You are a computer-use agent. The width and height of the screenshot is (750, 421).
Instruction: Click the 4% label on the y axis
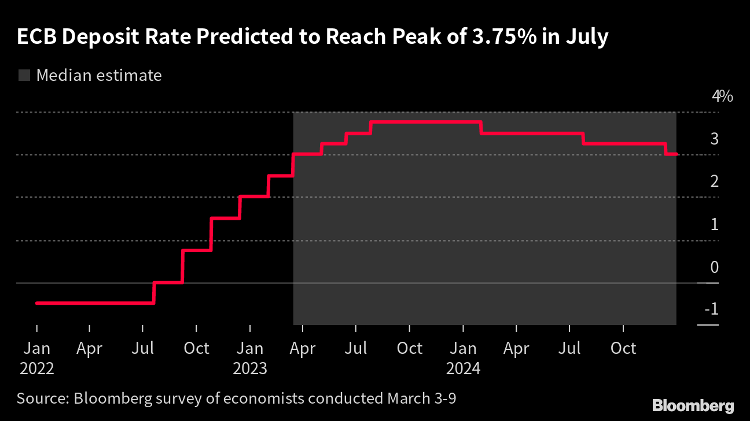722,96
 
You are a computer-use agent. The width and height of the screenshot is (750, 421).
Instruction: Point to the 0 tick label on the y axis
714,267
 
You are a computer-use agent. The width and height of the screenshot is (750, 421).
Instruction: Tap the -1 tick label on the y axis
711,310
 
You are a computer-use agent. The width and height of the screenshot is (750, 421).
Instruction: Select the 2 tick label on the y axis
714,182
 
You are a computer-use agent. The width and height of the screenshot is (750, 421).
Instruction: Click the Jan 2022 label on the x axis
36,358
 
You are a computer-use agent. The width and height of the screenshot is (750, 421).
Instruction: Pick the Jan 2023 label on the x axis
249,358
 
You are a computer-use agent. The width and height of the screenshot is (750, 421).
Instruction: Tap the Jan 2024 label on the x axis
463,358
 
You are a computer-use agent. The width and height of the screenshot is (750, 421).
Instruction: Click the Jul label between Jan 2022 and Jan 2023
143,349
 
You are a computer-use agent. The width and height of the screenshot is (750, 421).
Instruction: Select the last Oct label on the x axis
623,349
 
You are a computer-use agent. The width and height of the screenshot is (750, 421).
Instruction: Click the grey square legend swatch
24,75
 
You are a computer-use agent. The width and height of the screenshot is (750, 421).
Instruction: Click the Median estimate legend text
99,75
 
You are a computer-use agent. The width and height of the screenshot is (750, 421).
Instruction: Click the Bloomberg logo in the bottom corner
693,405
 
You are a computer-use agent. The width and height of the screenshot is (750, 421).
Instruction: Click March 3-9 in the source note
424,398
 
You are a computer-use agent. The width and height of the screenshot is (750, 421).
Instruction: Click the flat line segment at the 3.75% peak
425,122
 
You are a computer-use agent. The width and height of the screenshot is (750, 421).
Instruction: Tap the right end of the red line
677,154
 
